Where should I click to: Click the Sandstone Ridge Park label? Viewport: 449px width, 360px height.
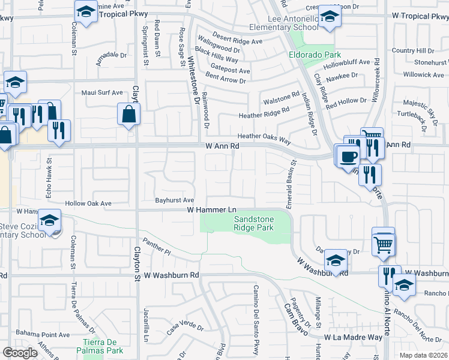coord(253,224)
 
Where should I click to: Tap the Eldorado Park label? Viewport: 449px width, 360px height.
coord(310,55)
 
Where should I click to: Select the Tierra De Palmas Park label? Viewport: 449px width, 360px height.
coord(102,346)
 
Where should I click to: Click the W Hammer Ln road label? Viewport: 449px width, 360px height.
coord(212,210)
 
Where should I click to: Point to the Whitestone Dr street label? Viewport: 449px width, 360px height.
coord(193,79)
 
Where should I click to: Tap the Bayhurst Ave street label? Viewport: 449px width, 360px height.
coord(175,200)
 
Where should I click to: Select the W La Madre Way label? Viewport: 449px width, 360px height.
coord(354,338)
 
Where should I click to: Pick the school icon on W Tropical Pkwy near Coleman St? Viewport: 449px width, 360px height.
coord(86,11)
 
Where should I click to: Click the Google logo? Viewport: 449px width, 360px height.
coord(20,353)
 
